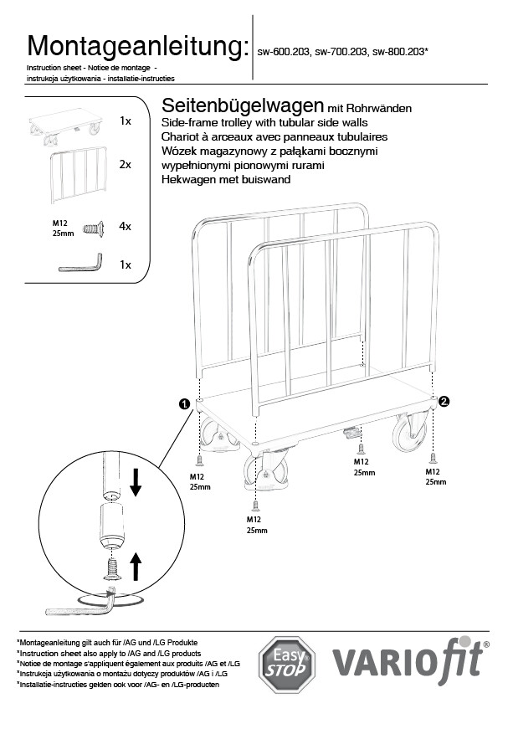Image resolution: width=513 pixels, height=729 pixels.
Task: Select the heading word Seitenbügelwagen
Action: pos(243,106)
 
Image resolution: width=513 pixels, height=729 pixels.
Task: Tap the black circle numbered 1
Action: pos(183,403)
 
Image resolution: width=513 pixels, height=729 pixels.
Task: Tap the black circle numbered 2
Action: pos(444,402)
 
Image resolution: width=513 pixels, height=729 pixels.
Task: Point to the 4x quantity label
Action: pos(126,226)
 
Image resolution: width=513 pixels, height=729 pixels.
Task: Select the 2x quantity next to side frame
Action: pos(126,165)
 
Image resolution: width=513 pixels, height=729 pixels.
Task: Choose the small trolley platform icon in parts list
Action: pos(65,124)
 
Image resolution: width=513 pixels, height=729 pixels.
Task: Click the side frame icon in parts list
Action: pos(79,173)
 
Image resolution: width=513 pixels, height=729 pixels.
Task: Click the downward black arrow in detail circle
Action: pos(136,482)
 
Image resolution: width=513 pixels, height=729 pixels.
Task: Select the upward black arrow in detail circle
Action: pos(136,566)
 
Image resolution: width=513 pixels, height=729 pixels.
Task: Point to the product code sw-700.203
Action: pos(342,51)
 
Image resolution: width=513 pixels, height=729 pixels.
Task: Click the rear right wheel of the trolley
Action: pos(411,432)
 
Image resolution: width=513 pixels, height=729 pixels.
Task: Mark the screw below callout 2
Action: pos(433,456)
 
